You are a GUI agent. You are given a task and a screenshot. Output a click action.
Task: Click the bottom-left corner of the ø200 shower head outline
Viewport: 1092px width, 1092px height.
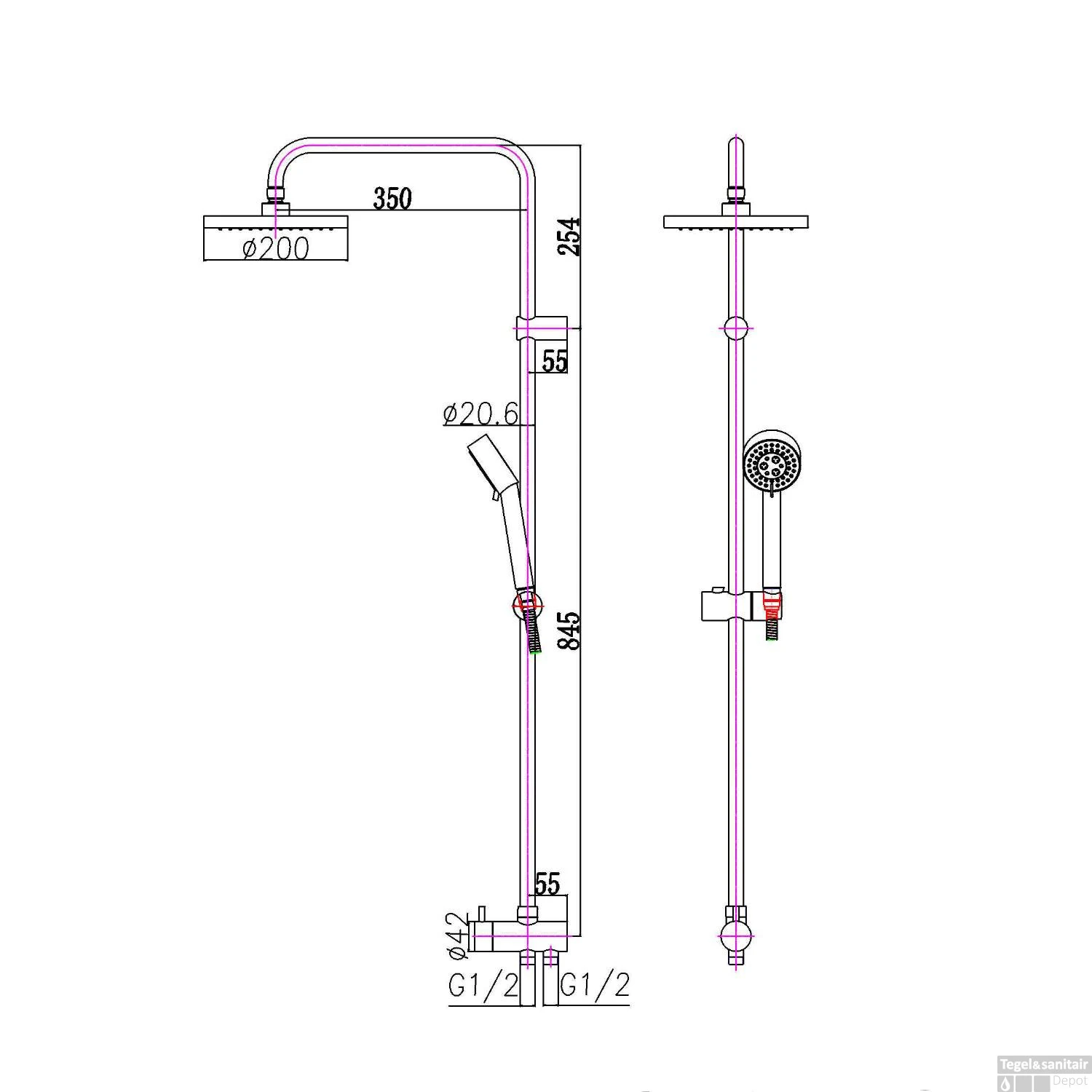[x=205, y=260]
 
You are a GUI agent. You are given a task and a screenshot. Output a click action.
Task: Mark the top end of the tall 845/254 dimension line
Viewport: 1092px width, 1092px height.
[x=580, y=144]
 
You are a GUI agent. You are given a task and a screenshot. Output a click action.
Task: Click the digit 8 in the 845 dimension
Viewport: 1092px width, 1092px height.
[x=571, y=641]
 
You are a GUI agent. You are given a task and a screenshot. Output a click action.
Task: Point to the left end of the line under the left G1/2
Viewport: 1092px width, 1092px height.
[x=448, y=1005]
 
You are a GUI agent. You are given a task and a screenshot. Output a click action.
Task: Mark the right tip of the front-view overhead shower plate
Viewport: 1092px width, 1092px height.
[x=808, y=222]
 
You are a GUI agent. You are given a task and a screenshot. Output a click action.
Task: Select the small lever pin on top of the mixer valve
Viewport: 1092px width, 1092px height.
[x=480, y=914]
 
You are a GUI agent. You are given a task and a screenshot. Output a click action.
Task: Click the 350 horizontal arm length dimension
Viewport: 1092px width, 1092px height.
[x=392, y=198]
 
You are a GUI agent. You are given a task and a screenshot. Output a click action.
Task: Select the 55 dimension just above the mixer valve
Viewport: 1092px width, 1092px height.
[x=548, y=883]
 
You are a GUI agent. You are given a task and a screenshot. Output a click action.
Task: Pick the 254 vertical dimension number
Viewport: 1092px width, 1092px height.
[x=571, y=235]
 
